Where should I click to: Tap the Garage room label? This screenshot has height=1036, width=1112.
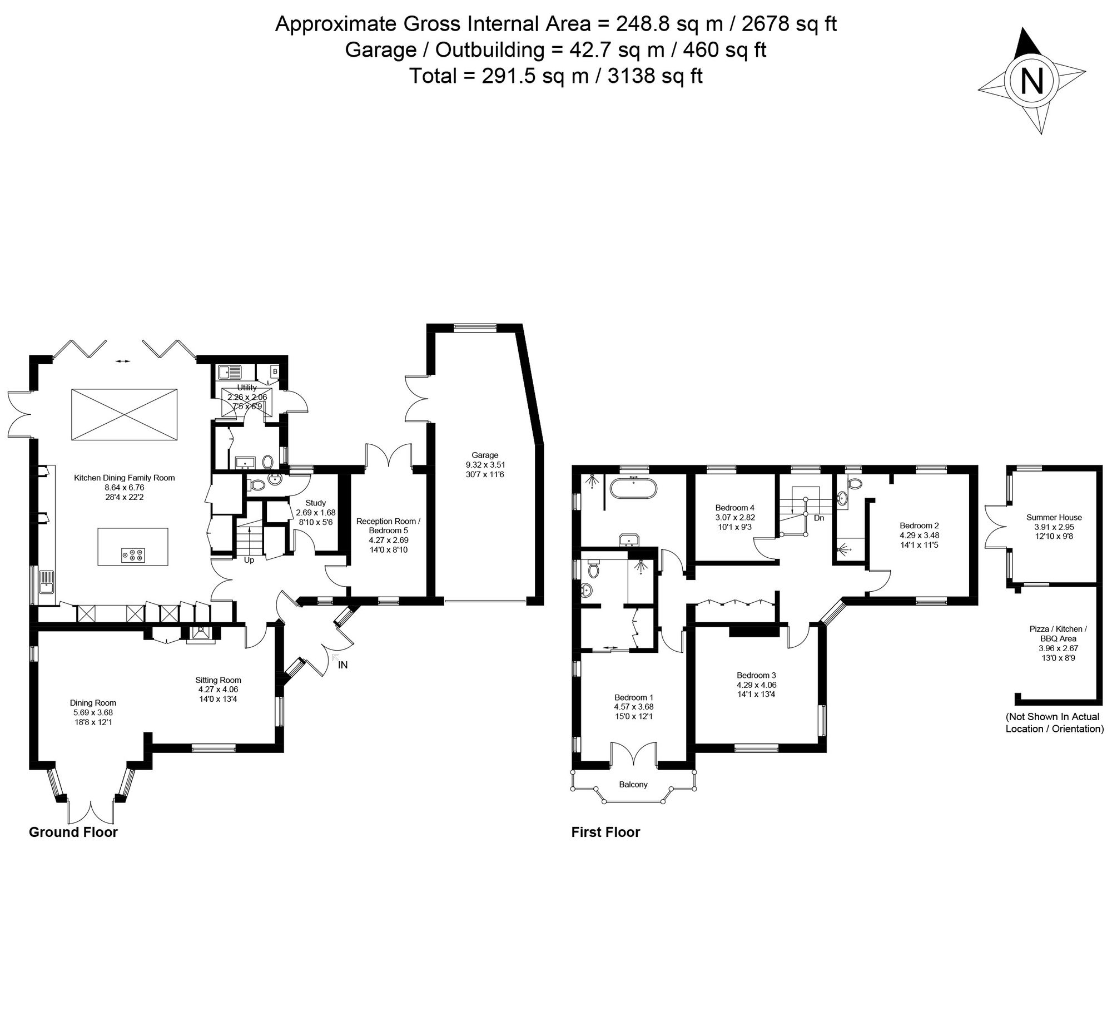click(484, 455)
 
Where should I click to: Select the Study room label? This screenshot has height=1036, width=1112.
click(315, 503)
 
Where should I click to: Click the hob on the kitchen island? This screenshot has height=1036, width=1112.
click(132, 554)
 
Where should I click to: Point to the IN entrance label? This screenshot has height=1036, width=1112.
click(343, 665)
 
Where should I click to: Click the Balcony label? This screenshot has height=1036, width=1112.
click(633, 784)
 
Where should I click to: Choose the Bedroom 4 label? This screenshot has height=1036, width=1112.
click(735, 508)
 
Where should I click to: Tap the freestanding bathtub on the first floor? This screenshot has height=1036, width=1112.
click(634, 487)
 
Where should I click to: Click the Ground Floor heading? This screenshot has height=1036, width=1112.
click(73, 832)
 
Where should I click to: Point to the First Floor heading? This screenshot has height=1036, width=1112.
click(605, 832)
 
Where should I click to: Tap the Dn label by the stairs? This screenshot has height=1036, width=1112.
click(819, 518)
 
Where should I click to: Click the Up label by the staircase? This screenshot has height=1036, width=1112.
click(249, 560)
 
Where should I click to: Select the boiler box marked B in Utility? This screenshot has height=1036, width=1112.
click(275, 371)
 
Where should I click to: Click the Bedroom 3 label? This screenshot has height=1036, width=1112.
click(756, 675)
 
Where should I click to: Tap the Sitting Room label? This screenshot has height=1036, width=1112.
click(218, 680)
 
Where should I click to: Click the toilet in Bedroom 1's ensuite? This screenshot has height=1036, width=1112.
click(594, 569)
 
